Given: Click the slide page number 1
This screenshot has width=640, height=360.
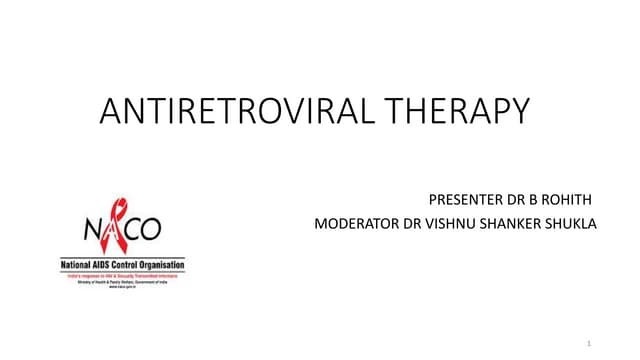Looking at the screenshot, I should click(x=590, y=344).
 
